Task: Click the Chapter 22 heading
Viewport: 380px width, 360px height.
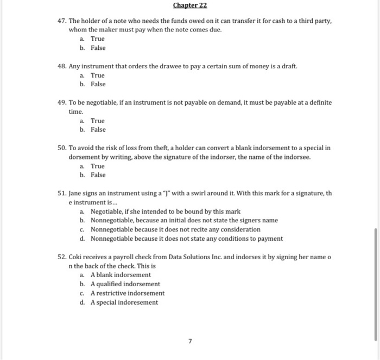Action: coord(189,6)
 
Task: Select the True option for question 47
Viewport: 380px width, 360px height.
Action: coord(97,39)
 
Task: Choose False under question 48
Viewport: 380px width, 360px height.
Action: coord(98,84)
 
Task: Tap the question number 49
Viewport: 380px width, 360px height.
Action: coord(62,102)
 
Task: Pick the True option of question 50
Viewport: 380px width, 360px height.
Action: coord(97,166)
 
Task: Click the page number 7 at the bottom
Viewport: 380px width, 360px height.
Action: coord(190,342)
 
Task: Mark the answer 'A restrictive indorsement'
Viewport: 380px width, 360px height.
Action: coord(127,293)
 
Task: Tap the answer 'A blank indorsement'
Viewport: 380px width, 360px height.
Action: coord(121,275)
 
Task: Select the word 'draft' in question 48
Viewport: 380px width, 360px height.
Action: coord(289,66)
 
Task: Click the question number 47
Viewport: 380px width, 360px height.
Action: coord(62,21)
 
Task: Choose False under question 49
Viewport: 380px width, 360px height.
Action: coord(98,130)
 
